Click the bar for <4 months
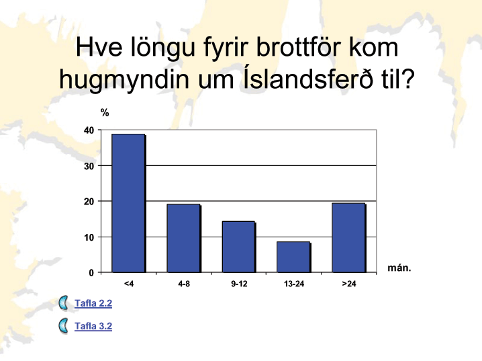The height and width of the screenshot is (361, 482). [x=128, y=203]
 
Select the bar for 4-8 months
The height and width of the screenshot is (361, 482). [x=183, y=238]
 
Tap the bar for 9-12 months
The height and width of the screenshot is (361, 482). [x=238, y=247]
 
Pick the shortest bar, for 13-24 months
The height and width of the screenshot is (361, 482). [x=293, y=257]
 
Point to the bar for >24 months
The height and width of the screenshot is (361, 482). [x=348, y=237]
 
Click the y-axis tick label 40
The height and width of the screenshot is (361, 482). [x=89, y=130]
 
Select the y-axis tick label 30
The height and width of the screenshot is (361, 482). [x=89, y=166]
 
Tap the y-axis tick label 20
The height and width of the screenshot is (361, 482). [x=89, y=202]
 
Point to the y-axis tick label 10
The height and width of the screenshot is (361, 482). [x=89, y=237]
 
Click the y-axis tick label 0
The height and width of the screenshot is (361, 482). [x=91, y=273]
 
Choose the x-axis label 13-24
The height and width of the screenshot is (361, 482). [x=294, y=284]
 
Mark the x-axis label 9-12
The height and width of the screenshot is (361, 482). [x=239, y=284]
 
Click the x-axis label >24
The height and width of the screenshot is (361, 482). [x=349, y=284]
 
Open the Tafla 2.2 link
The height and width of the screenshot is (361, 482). [x=93, y=303]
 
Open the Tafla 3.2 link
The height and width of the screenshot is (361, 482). [x=93, y=326]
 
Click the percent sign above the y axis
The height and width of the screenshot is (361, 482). [x=105, y=113]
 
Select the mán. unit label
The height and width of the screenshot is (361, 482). [x=399, y=268]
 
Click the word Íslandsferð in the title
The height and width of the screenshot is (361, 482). [x=308, y=79]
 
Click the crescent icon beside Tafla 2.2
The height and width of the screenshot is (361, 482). [x=64, y=303]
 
